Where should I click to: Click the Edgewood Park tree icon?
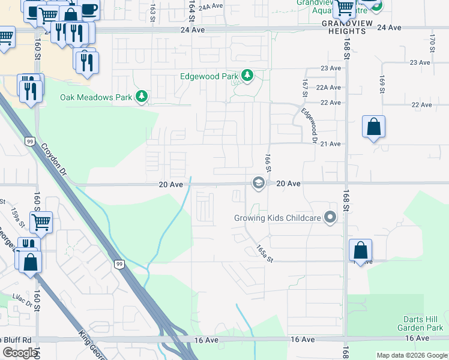tap(247, 76)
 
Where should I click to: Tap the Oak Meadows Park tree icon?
tap(141, 97)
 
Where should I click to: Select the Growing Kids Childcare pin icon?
tap(330, 218)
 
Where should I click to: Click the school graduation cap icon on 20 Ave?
tap(259, 183)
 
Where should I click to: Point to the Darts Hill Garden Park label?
tap(420, 324)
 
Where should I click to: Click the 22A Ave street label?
tap(328, 88)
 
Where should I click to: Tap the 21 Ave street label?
tap(331, 144)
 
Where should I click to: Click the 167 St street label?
tap(305, 88)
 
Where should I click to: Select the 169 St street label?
tap(382, 84)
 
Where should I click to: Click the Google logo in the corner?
tap(20, 353)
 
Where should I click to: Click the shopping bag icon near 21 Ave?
tap(373, 127)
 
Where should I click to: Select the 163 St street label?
tap(153, 10)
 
